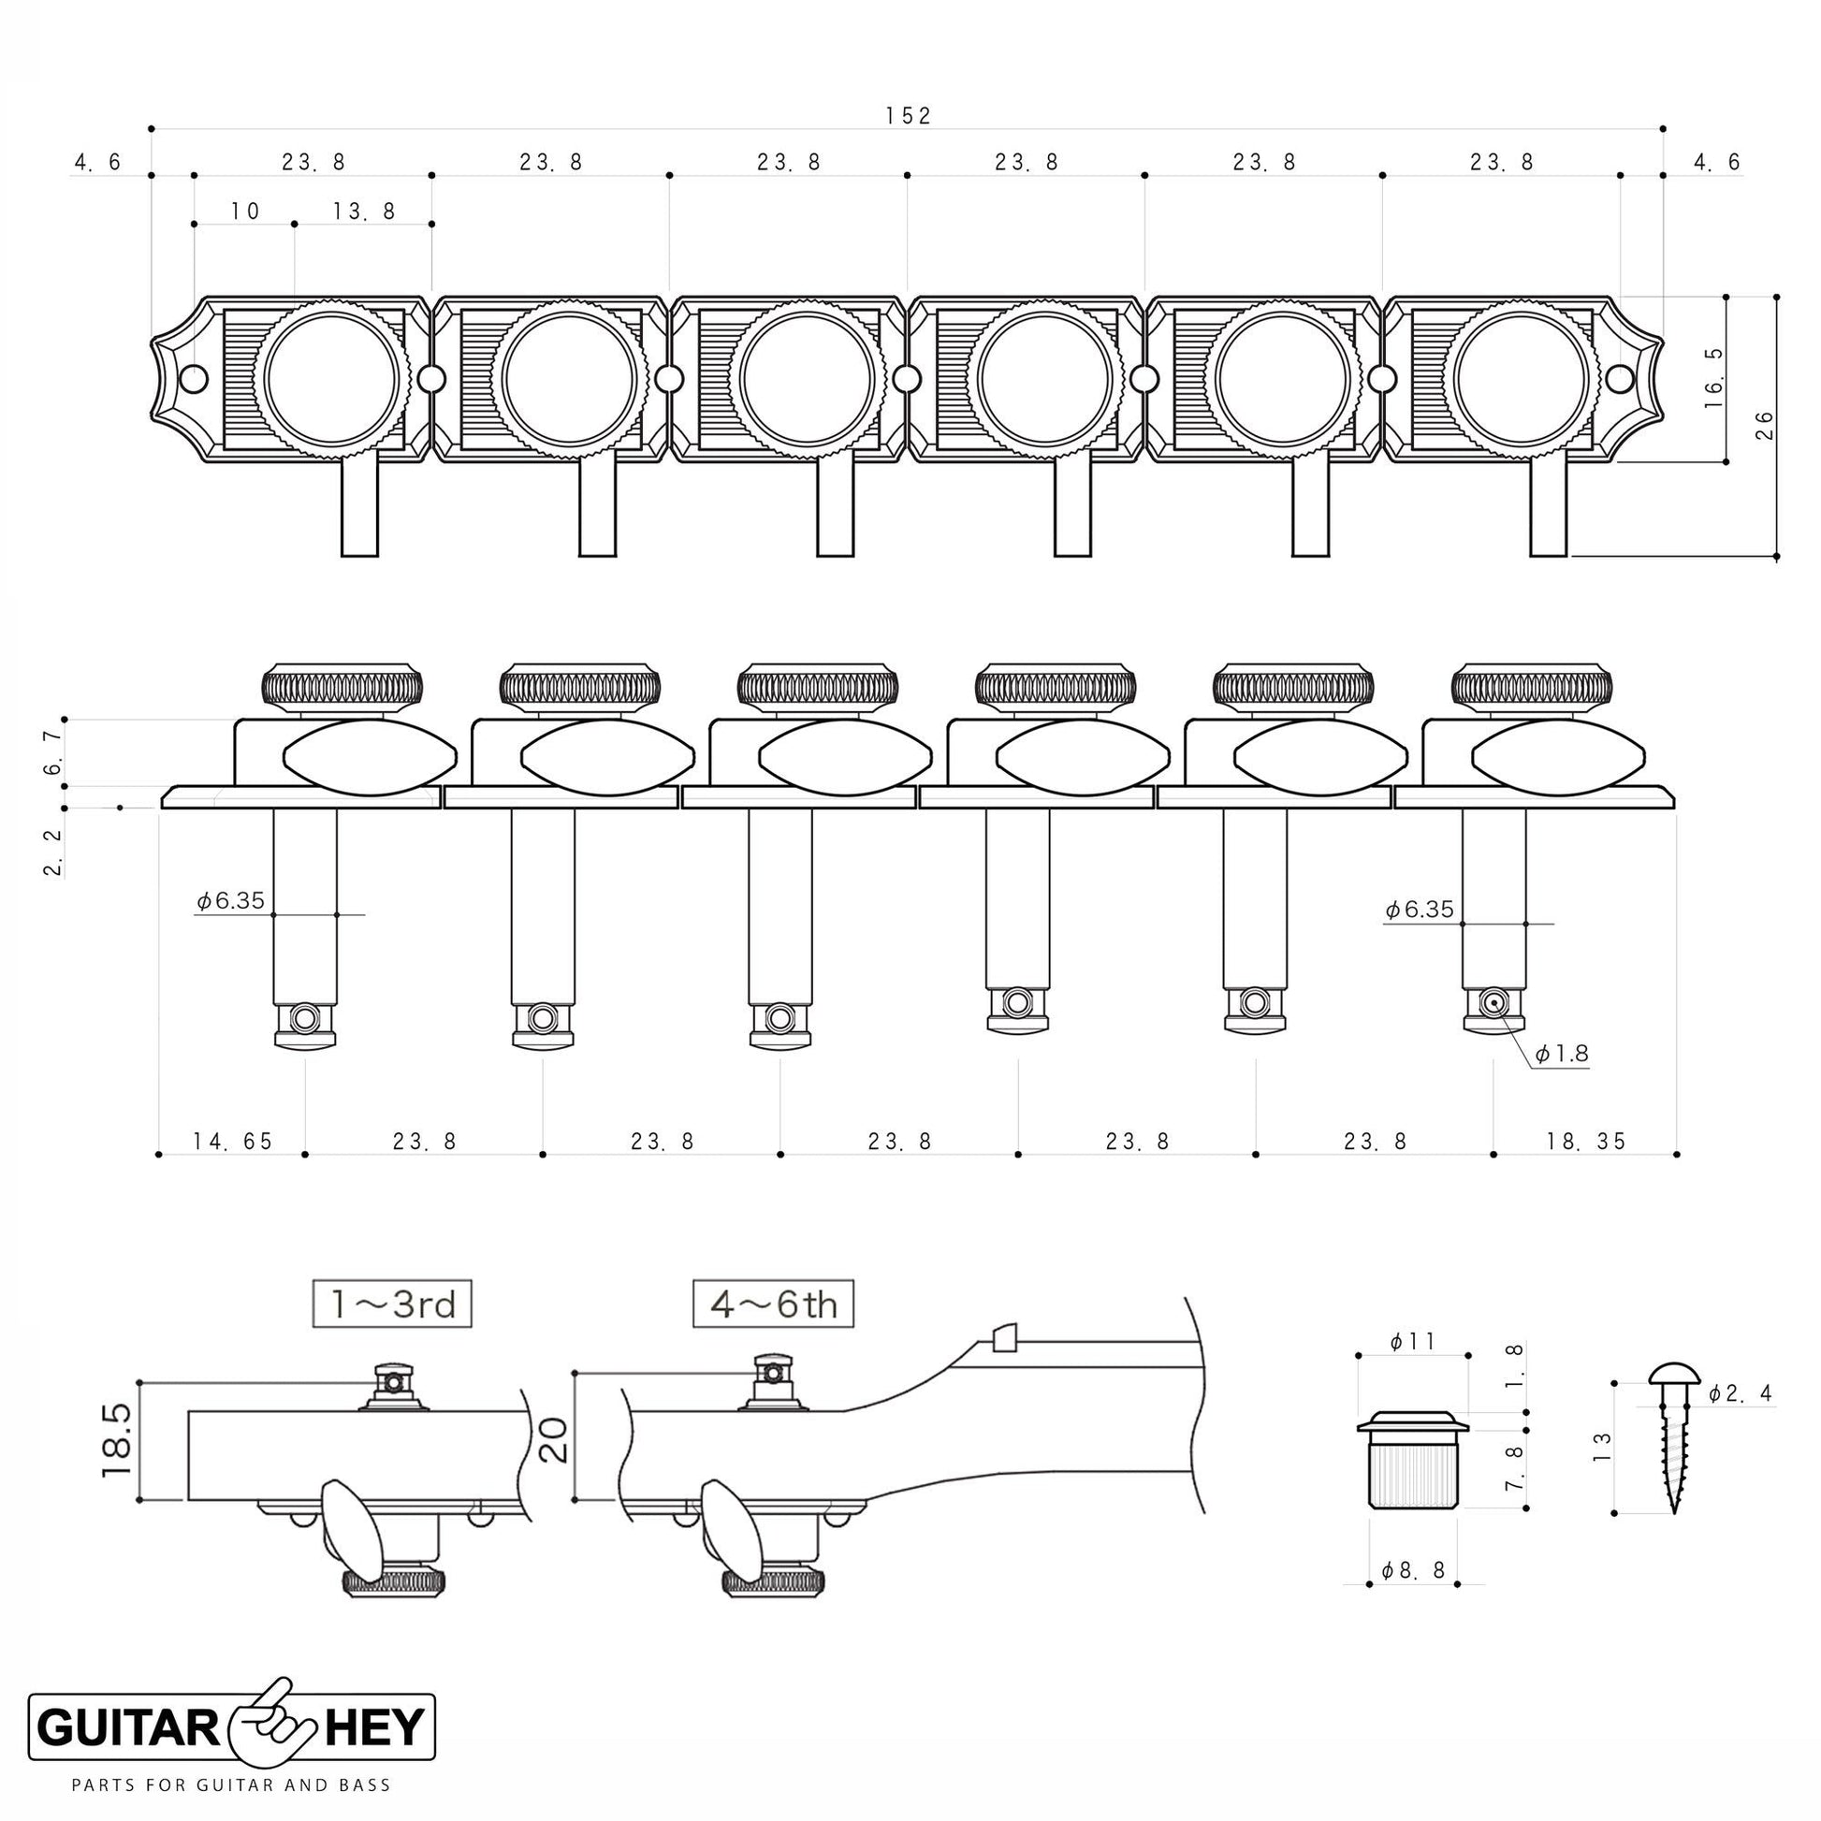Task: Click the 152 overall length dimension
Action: [908, 116]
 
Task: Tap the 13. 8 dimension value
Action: [364, 211]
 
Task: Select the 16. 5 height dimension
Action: [1712, 377]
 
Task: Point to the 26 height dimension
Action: [1765, 425]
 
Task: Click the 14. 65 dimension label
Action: [233, 1142]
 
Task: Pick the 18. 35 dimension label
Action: [1586, 1142]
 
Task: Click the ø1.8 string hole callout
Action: [1562, 1054]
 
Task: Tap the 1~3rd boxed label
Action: [392, 1304]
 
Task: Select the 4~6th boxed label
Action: [773, 1304]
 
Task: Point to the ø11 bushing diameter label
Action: [1411, 1341]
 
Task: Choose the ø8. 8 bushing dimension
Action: [1413, 1570]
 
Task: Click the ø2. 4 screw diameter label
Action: [1739, 1393]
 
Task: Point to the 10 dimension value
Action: [244, 211]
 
